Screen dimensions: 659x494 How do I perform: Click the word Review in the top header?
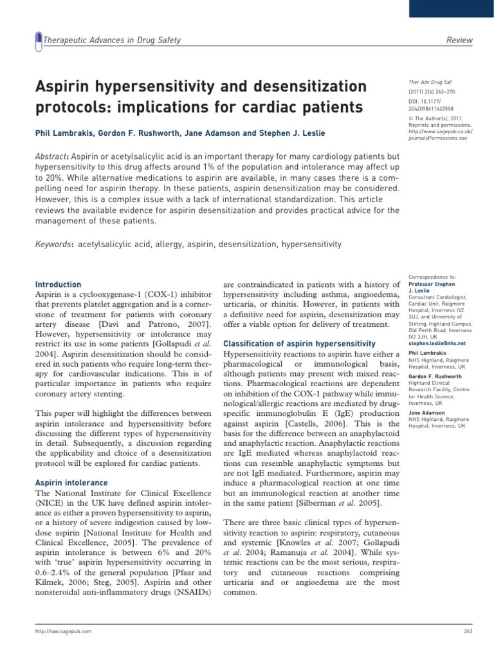point(459,41)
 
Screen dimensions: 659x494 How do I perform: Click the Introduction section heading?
point(58,284)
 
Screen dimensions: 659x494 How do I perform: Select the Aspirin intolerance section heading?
point(71,483)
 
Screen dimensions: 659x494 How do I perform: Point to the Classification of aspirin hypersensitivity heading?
point(299,344)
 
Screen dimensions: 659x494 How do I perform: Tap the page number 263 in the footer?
point(468,632)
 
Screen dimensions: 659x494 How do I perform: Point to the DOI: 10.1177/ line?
point(426,102)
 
